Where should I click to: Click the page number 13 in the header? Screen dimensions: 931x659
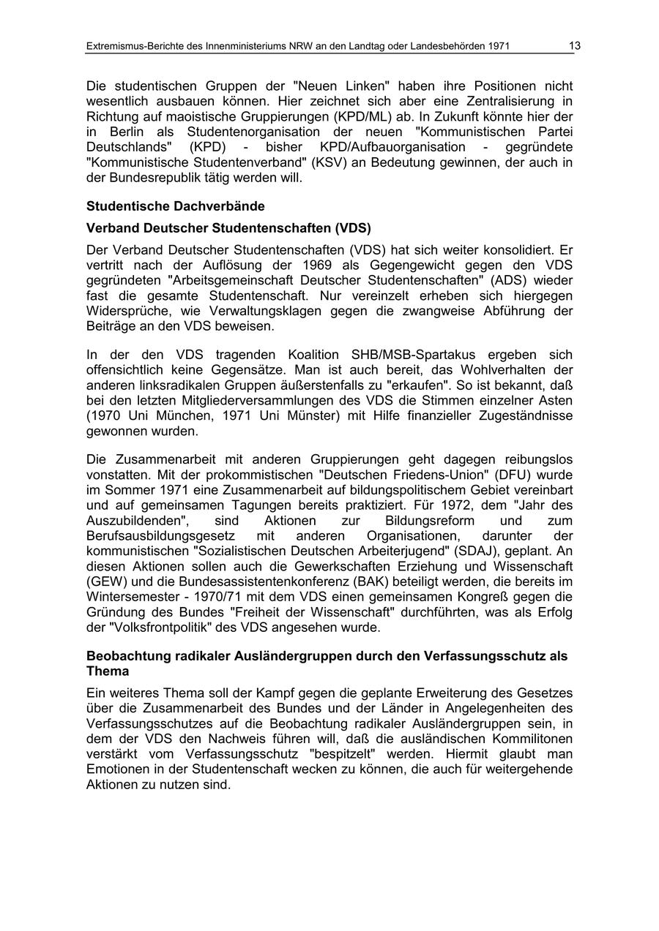click(x=575, y=46)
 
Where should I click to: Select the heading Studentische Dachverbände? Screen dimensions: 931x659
click(x=176, y=206)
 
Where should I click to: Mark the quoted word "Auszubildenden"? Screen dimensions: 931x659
click(x=138, y=521)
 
